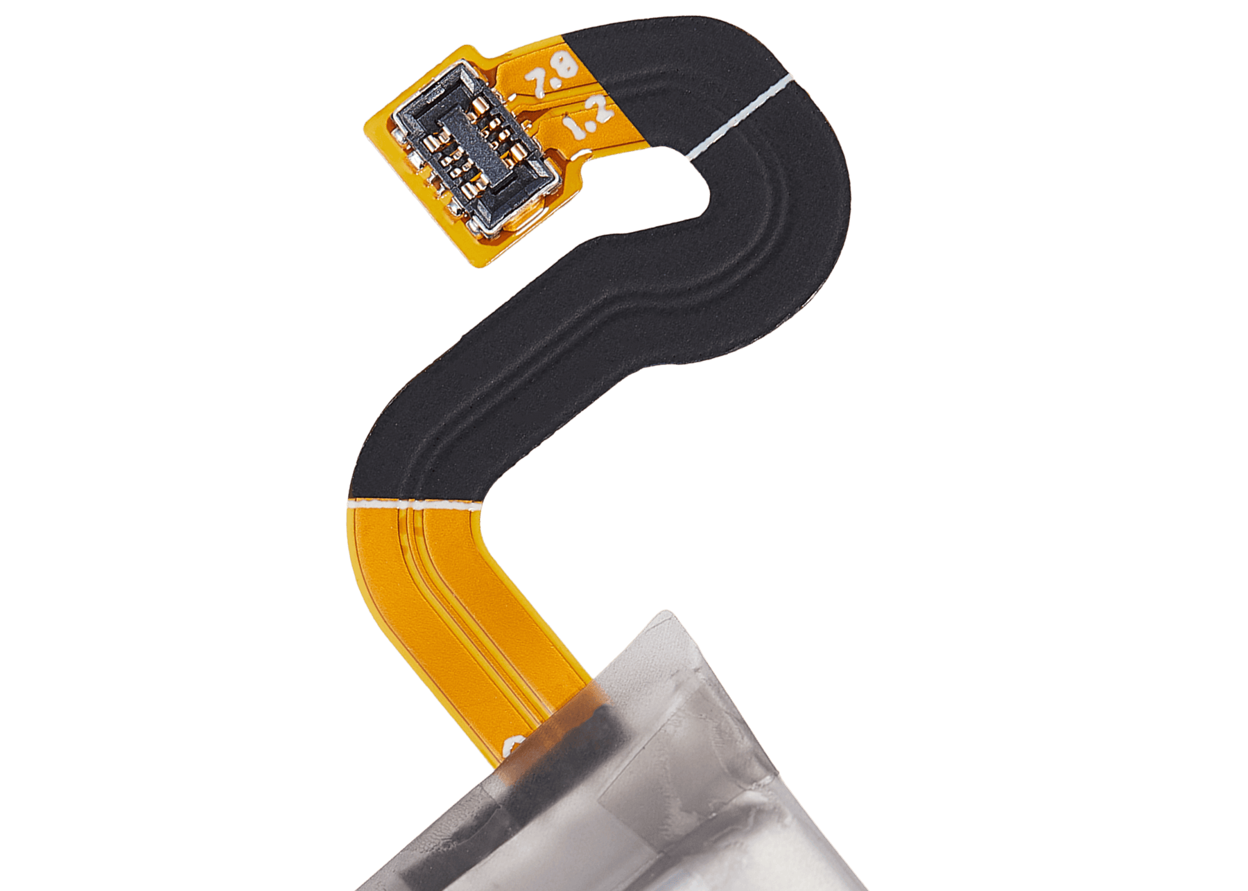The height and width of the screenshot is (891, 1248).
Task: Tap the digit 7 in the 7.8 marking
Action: pos(536,84)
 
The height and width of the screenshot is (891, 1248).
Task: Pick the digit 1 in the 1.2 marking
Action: pos(573,130)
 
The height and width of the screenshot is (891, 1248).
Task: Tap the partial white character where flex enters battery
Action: pos(517,745)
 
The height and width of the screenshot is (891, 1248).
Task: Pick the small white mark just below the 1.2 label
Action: pos(580,154)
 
